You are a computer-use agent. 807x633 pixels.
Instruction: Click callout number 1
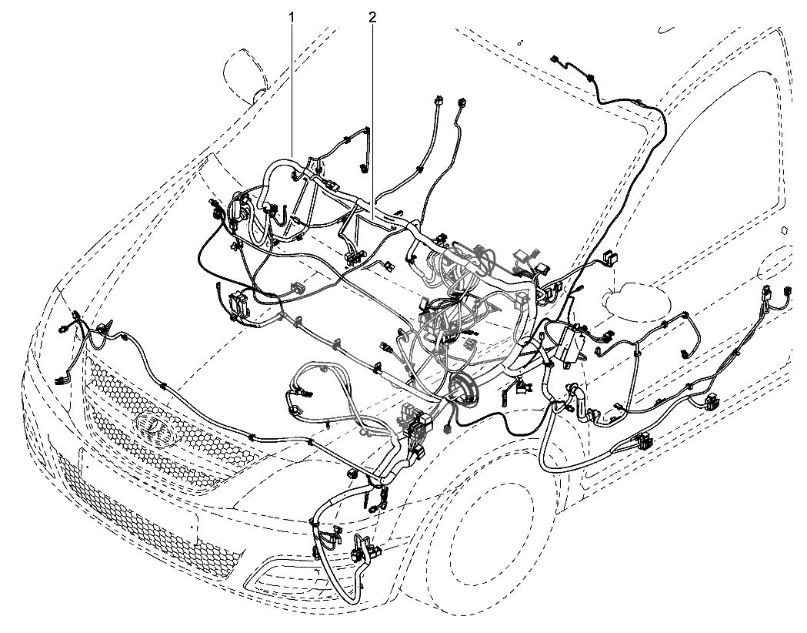[x=292, y=18]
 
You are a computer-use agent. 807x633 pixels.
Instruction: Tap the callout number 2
[x=372, y=18]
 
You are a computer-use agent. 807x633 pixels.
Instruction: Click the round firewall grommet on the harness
[x=463, y=387]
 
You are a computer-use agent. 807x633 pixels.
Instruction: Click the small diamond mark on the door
[x=785, y=229]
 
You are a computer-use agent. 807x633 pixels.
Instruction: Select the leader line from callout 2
[x=372, y=114]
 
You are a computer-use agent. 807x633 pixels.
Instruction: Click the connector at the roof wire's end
[x=555, y=60]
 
